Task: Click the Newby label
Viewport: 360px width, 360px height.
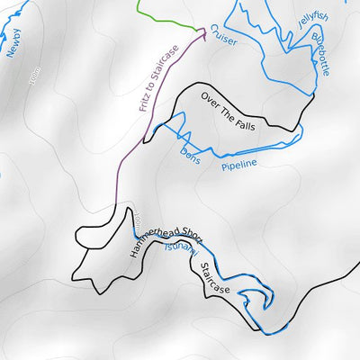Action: tap(13, 42)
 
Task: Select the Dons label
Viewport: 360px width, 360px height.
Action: tap(188, 152)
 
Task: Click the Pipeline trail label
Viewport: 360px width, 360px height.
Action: tap(239, 164)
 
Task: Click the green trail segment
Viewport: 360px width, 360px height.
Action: tap(166, 19)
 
